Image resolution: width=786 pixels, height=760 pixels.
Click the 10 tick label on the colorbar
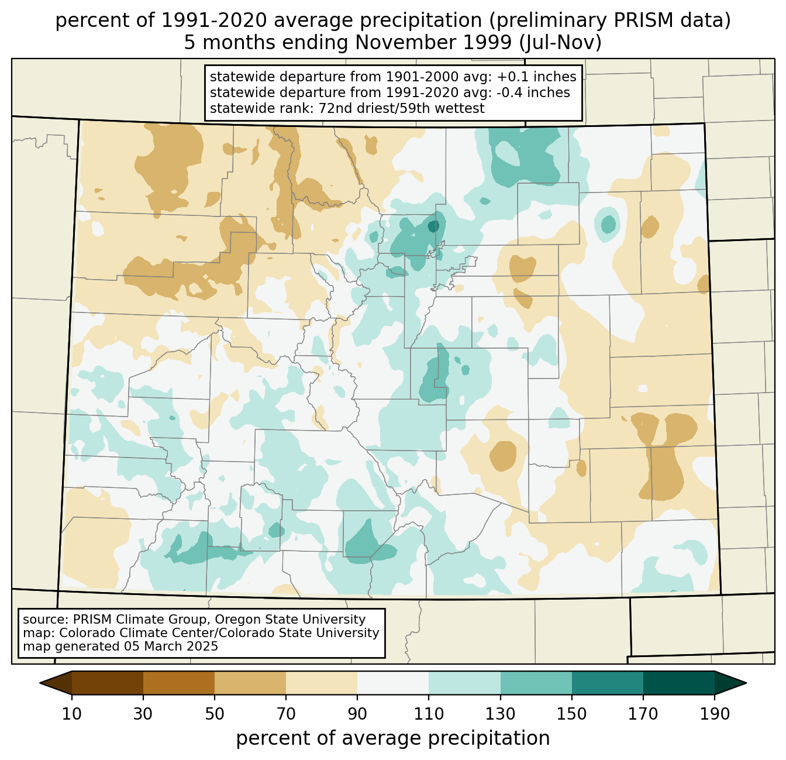[x=71, y=714]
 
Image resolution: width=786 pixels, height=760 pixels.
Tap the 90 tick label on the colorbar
[x=357, y=714]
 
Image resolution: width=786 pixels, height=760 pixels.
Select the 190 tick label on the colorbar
[x=715, y=714]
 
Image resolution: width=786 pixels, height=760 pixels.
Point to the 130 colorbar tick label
[x=500, y=714]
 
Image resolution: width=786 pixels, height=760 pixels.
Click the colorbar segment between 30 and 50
[x=178, y=683]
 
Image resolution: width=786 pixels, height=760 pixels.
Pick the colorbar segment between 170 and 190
[x=678, y=683]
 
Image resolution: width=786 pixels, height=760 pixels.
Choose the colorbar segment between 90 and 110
[x=393, y=683]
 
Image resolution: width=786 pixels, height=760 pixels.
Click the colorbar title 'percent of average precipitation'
[x=392, y=738]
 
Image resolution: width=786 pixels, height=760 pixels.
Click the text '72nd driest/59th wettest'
[x=402, y=108]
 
